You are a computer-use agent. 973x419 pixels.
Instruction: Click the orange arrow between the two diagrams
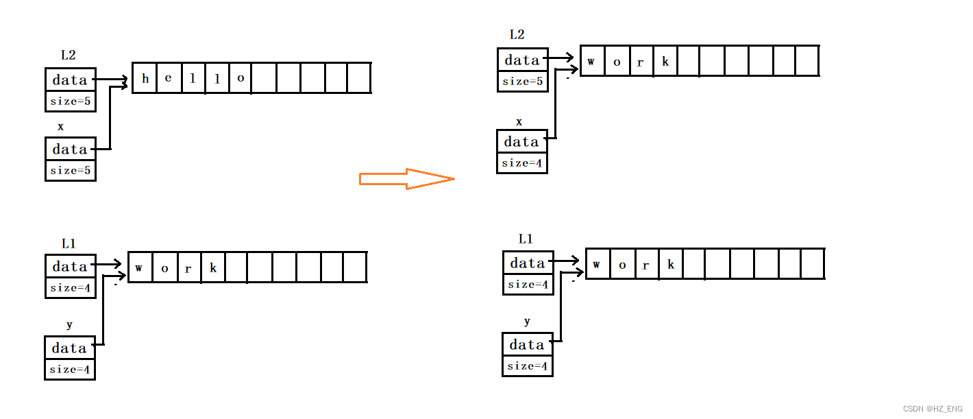pos(407,179)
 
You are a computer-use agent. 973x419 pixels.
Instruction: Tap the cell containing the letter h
pos(145,78)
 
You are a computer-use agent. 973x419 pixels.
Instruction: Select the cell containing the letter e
pos(169,78)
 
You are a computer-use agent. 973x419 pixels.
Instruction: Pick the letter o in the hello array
pos(241,78)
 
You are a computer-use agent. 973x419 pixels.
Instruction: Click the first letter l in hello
pos(193,78)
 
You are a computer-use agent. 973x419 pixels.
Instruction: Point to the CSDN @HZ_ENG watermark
pos(934,409)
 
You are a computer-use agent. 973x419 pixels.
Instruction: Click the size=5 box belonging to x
pos(71,170)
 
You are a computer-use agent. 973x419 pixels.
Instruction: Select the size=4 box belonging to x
pos(522,163)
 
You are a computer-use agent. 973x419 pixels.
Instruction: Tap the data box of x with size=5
pos(71,149)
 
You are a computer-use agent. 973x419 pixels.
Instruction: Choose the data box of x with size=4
pos(522,142)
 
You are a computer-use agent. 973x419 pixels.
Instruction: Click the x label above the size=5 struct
pos(61,127)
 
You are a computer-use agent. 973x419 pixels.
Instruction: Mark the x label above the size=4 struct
pos(519,122)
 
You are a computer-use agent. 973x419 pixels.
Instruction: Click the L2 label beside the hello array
pos(68,56)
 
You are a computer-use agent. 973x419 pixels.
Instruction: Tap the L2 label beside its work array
pos(517,35)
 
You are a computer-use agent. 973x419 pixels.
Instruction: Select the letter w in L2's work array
pos(591,62)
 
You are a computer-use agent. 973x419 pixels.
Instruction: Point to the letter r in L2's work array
pos(641,62)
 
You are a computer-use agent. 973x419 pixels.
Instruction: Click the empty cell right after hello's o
pos(264,78)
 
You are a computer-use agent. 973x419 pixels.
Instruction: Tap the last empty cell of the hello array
pos(359,78)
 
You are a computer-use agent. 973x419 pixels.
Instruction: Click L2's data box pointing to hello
pos(71,80)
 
